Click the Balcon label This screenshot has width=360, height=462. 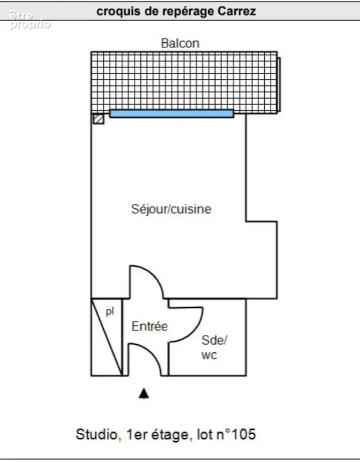pyautogui.click(x=180, y=43)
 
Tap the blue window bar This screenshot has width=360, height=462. pyautogui.click(x=171, y=114)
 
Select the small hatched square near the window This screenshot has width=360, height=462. pyautogui.click(x=98, y=119)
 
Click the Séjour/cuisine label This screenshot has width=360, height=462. pyautogui.click(x=171, y=209)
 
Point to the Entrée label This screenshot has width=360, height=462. pyautogui.click(x=149, y=326)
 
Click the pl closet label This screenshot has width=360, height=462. pyautogui.click(x=110, y=311)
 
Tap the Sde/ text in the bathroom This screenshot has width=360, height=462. pyautogui.click(x=214, y=340)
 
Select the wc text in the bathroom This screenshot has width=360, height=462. pyautogui.click(x=209, y=355)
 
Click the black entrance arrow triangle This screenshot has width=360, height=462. pyautogui.click(x=144, y=393)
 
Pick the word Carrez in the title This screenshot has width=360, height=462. pyautogui.click(x=237, y=11)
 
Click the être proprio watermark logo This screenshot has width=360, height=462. pyautogui.click(x=29, y=20)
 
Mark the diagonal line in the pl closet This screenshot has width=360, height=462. pyautogui.click(x=107, y=337)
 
